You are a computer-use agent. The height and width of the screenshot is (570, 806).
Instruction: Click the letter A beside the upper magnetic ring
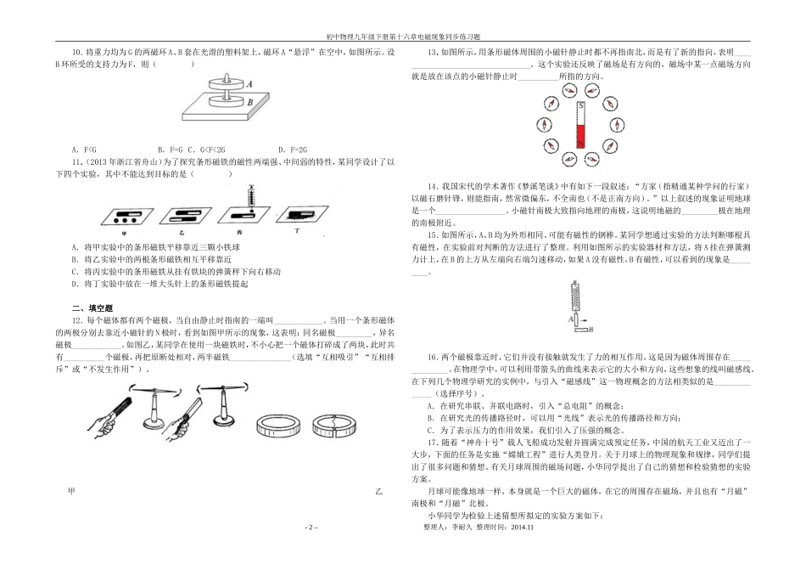point(249,85)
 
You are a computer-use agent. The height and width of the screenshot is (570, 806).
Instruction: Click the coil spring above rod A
point(563,296)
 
